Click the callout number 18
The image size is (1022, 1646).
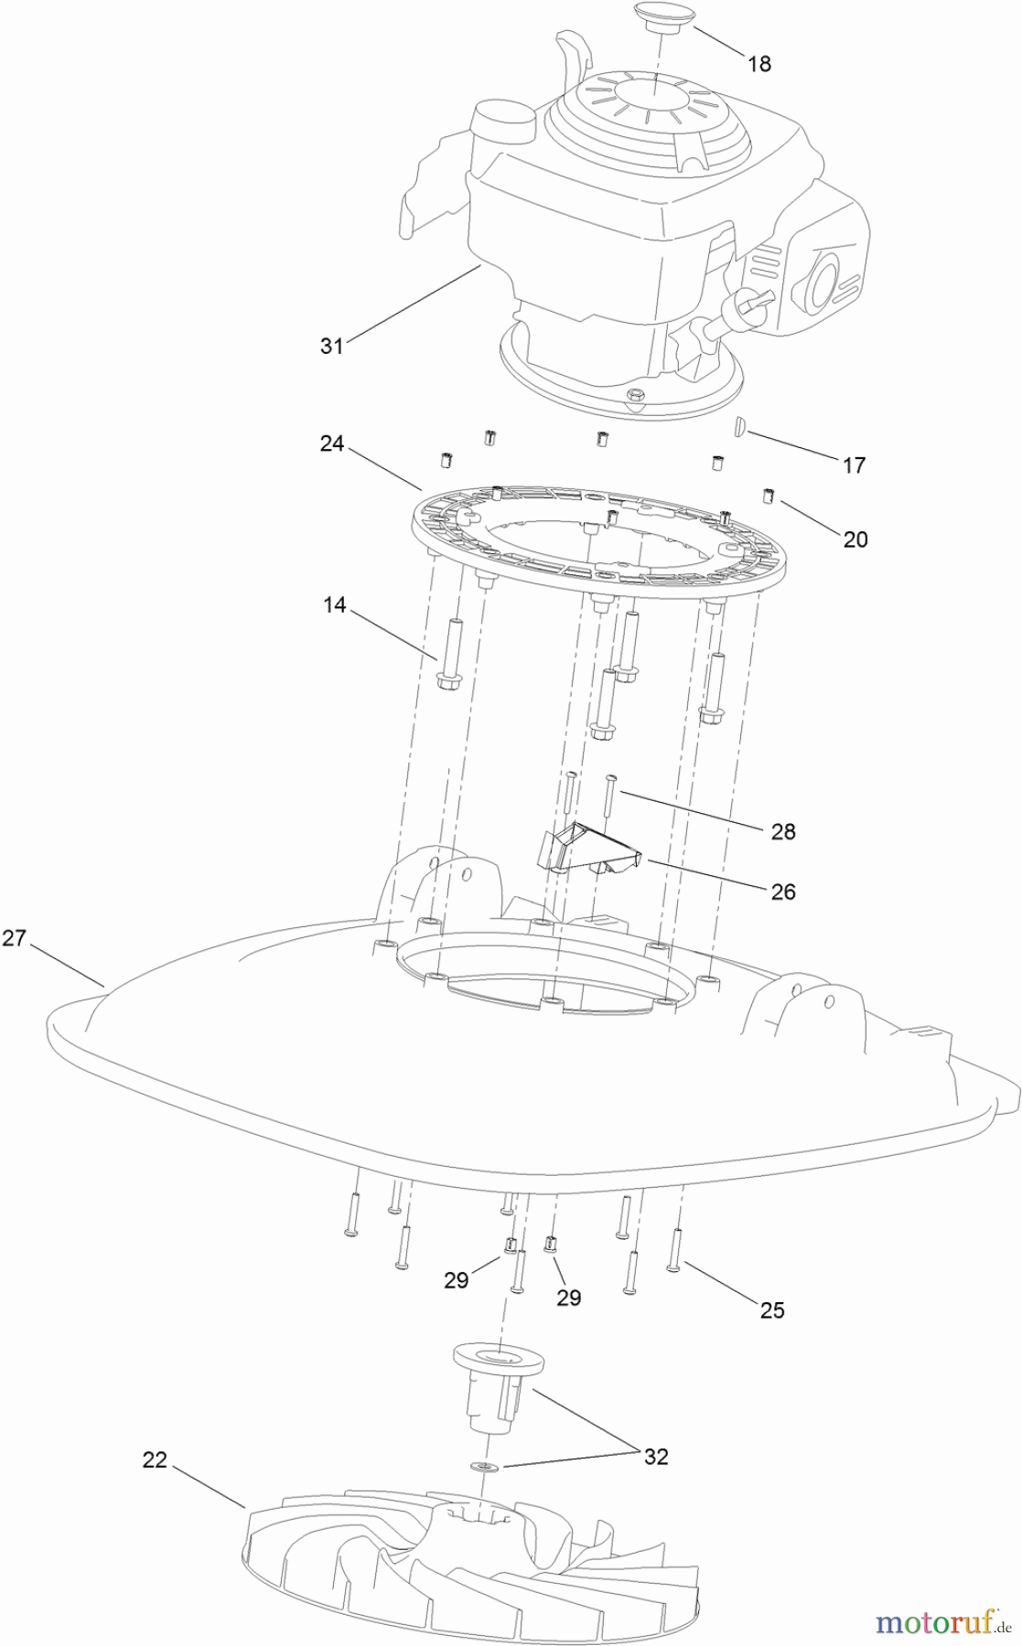tap(758, 64)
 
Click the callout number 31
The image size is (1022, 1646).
tap(331, 346)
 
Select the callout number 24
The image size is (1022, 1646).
tap(332, 444)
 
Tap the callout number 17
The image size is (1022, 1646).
tap(854, 465)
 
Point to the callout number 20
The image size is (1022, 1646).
tap(855, 540)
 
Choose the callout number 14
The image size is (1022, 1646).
tap(335, 604)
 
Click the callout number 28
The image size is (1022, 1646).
tap(783, 831)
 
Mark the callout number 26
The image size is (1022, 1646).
tap(783, 892)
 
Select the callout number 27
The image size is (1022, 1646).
tap(14, 938)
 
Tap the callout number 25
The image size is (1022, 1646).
tap(772, 1310)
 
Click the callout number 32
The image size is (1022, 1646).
tap(656, 1457)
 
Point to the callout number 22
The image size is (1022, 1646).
tap(155, 1459)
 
